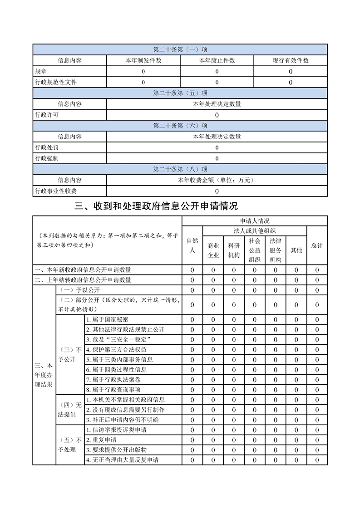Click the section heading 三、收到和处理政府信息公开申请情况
click(156, 206)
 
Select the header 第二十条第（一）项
click(180, 49)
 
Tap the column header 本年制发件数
click(143, 60)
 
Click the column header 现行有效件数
click(291, 60)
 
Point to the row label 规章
click(40, 71)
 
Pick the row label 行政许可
click(46, 115)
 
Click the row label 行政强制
click(46, 158)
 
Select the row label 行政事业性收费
click(56, 191)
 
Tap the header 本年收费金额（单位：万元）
click(217, 180)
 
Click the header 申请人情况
click(255, 221)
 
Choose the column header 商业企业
click(213, 250)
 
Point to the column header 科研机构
click(234, 250)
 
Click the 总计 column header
click(317, 245)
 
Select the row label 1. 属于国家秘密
click(107, 320)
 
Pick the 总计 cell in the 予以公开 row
click(317, 290)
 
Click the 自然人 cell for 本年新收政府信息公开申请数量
click(192, 270)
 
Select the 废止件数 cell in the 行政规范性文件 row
click(217, 82)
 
